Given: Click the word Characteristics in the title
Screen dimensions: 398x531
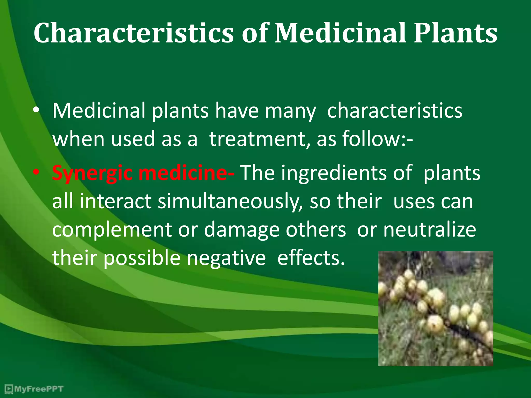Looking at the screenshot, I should pyautogui.click(x=134, y=33).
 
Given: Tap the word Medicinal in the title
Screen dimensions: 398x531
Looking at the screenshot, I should pyautogui.click(x=340, y=33).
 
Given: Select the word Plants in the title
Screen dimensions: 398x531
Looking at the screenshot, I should pyautogui.click(x=455, y=33).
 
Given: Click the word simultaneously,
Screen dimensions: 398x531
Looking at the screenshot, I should pyautogui.click(x=230, y=202).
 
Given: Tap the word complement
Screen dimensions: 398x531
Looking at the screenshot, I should pyautogui.click(x=112, y=230).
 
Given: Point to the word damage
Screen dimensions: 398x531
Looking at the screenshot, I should pyautogui.click(x=242, y=230).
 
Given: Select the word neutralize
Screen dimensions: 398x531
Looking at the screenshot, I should pyautogui.click(x=430, y=230).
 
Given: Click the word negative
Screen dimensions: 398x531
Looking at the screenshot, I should pyautogui.click(x=226, y=258).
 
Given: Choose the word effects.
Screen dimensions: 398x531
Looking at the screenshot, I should pyautogui.click(x=311, y=258).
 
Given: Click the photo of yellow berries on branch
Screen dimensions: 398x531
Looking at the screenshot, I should pyautogui.click(x=436, y=308).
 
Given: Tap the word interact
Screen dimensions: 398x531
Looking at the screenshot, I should pyautogui.click(x=115, y=202).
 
